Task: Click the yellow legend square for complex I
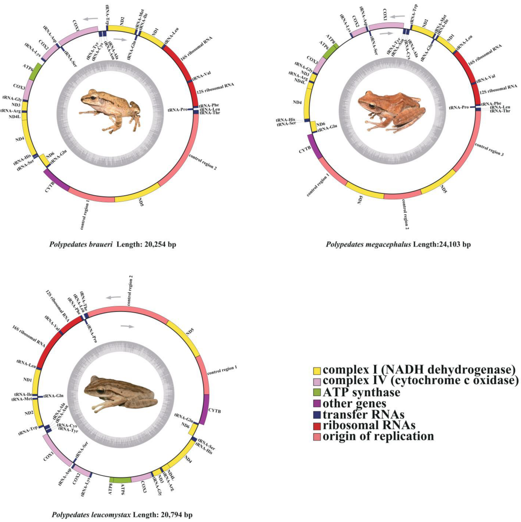point(317,371)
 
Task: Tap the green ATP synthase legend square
point(317,392)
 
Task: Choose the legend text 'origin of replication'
point(378,436)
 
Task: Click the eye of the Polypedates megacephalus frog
point(372,106)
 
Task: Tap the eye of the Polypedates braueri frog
point(92,97)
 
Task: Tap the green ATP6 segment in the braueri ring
point(37,72)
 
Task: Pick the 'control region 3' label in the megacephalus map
point(489,149)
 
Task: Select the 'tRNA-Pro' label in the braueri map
point(177,110)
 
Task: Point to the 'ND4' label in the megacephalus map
point(297,102)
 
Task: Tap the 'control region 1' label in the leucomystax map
point(222,370)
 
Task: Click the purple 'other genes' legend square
point(317,403)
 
